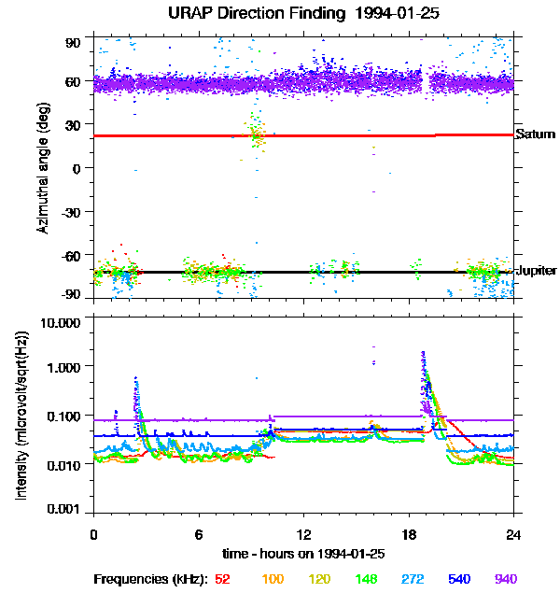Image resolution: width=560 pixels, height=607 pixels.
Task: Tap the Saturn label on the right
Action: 535,134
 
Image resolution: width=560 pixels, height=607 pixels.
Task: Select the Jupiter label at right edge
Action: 536,271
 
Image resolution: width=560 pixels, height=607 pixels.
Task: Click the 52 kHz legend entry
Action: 222,579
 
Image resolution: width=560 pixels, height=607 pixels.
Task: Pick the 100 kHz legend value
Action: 273,579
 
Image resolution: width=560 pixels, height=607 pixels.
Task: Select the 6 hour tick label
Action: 199,535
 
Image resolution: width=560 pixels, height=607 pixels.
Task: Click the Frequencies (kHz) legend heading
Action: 151,579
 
